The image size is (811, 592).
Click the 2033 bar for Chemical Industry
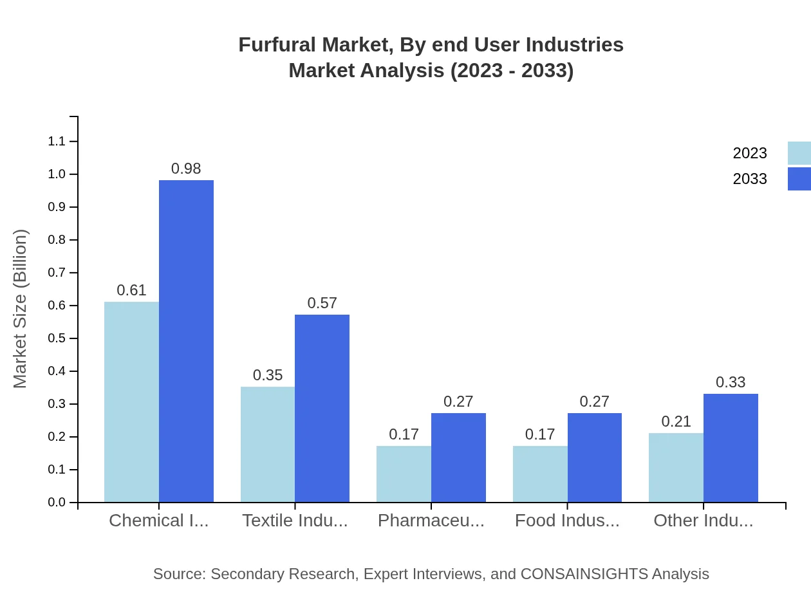pyautogui.click(x=186, y=341)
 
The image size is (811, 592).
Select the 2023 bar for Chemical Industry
pyautogui.click(x=131, y=402)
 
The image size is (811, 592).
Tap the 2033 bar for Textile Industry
pyautogui.click(x=322, y=409)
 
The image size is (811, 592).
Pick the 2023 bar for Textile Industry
pyautogui.click(x=268, y=444)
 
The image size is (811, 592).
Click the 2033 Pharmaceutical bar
pyautogui.click(x=458, y=458)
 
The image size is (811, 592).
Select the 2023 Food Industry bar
pyautogui.click(x=540, y=474)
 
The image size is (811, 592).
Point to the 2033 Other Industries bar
pyautogui.click(x=731, y=448)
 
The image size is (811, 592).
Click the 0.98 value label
pyautogui.click(x=186, y=169)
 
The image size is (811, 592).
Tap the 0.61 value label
pyautogui.click(x=131, y=290)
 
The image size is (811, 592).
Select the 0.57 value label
pyautogui.click(x=322, y=303)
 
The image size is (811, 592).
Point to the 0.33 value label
pyautogui.click(x=731, y=382)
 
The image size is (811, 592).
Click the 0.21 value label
pyautogui.click(x=676, y=421)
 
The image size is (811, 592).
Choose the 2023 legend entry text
pyautogui.click(x=750, y=153)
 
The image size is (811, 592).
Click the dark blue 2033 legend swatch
pyautogui.click(x=799, y=179)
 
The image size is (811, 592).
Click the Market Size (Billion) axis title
pyautogui.click(x=21, y=309)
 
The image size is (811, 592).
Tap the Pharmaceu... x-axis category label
pyautogui.click(x=431, y=521)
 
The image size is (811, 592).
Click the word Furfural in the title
pyautogui.click(x=277, y=45)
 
